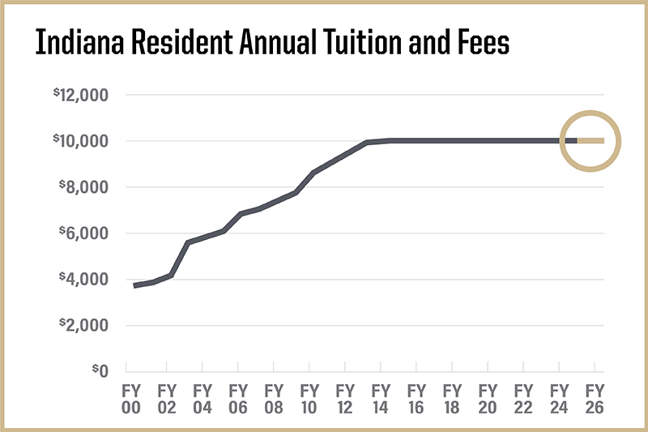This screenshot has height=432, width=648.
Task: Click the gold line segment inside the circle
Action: (590, 141)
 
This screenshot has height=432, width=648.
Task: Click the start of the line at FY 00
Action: (135, 285)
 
